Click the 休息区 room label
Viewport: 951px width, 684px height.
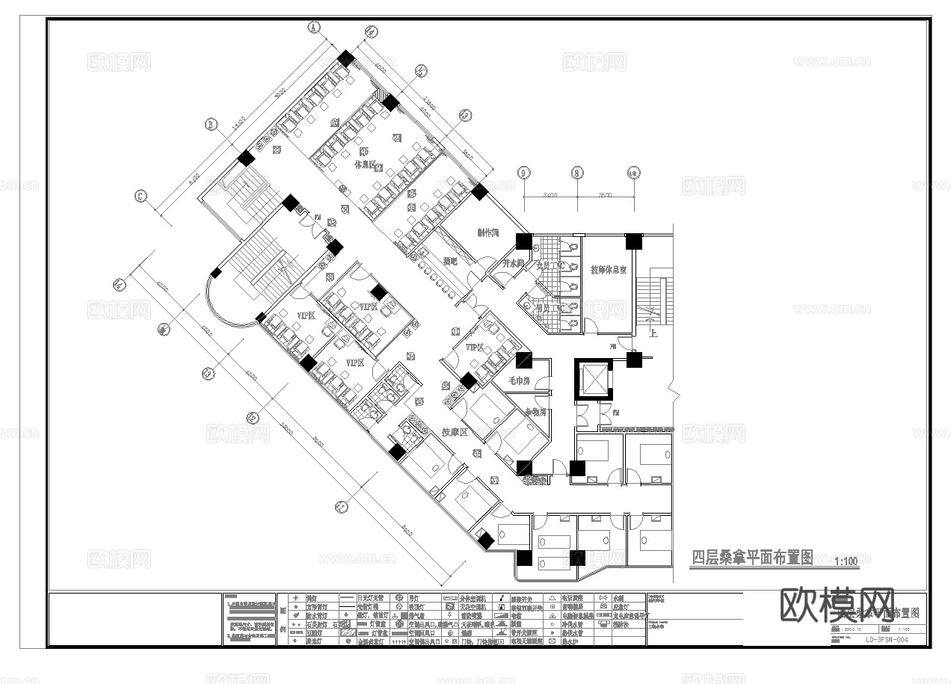click(366, 166)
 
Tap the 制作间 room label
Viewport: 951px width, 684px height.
click(489, 232)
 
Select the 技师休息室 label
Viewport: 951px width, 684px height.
click(609, 269)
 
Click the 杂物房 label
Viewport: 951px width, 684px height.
click(535, 412)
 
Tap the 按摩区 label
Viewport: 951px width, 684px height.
click(455, 432)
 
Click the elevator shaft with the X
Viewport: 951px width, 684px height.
click(592, 380)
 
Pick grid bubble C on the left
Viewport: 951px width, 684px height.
click(140, 197)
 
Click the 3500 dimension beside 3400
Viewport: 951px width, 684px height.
click(605, 195)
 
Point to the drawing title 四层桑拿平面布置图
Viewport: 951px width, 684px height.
click(752, 558)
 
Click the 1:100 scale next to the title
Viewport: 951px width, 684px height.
click(845, 561)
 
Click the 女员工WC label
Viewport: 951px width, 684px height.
click(554, 265)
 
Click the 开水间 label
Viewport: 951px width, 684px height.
click(513, 264)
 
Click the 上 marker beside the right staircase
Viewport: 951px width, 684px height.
click(653, 333)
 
